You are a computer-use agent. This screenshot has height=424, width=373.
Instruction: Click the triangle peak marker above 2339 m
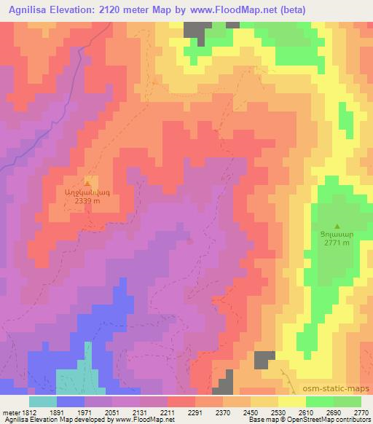87,184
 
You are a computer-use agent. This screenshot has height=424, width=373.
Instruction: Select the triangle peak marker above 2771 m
336,226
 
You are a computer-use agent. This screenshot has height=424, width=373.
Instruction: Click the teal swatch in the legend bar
43,401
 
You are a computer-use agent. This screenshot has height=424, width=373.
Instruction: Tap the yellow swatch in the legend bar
292,401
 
